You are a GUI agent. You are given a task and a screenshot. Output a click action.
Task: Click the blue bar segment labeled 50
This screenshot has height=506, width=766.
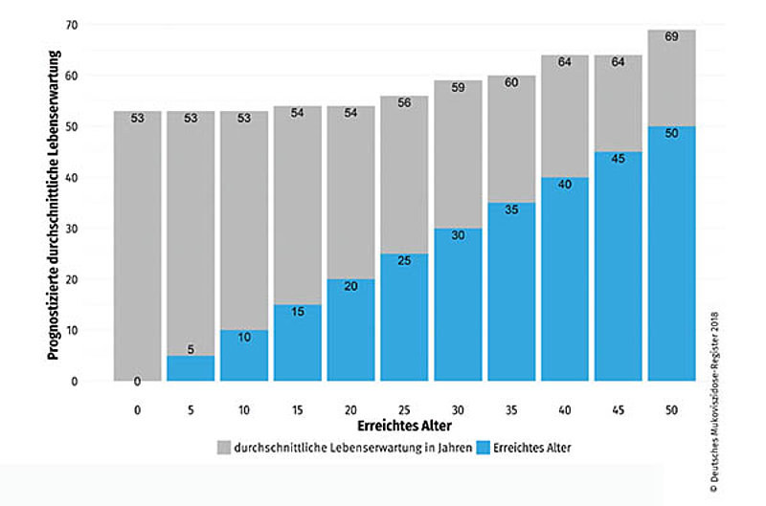click(670, 253)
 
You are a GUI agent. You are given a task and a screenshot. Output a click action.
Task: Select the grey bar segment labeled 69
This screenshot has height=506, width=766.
click(670, 78)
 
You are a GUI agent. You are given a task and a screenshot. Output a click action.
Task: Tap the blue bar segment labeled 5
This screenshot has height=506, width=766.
click(191, 368)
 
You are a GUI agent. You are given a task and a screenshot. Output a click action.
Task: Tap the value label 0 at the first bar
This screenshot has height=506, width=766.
click(137, 382)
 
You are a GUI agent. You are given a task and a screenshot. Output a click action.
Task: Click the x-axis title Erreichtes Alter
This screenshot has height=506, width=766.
click(404, 425)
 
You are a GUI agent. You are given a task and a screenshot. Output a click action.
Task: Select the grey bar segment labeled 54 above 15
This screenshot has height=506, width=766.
click(297, 206)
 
